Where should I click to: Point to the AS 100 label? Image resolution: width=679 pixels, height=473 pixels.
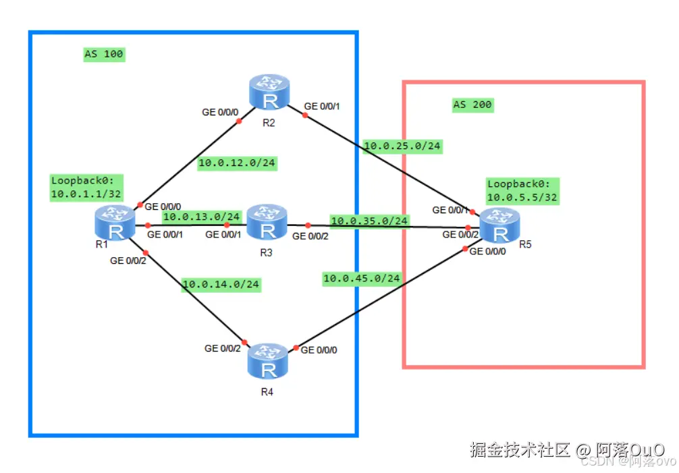tap(103, 54)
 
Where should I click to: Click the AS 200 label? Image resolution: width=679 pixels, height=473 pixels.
tap(472, 105)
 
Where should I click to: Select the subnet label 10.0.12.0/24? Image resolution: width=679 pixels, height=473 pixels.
tap(237, 163)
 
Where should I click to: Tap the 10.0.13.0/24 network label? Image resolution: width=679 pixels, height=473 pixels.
tap(201, 217)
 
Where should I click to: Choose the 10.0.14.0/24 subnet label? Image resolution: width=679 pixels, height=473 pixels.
tap(221, 284)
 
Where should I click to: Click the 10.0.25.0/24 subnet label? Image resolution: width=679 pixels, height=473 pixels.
tap(402, 145)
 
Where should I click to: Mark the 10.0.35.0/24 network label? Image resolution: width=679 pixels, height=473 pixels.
tap(369, 221)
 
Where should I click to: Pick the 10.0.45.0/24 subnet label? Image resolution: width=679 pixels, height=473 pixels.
tap(362, 277)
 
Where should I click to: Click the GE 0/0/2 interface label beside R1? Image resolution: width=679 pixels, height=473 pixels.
tap(128, 260)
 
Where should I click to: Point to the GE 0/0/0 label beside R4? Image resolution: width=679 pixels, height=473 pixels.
tap(319, 350)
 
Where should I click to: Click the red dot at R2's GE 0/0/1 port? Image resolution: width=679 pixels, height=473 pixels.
tap(304, 115)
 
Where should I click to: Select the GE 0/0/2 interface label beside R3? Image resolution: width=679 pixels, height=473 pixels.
tap(310, 236)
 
